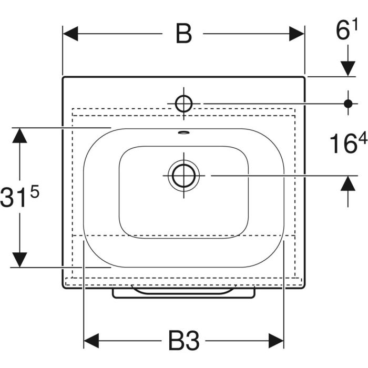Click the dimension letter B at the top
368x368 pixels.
pos(184,33)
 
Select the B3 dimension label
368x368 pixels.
pos(184,341)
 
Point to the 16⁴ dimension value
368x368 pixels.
pos(349,142)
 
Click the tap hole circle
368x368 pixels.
pos(184,104)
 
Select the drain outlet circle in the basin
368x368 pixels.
pos(184,176)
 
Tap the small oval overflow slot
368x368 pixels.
pos(184,132)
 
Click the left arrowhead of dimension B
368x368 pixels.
pos(70,34)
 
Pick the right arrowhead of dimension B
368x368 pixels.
pos(297,34)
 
